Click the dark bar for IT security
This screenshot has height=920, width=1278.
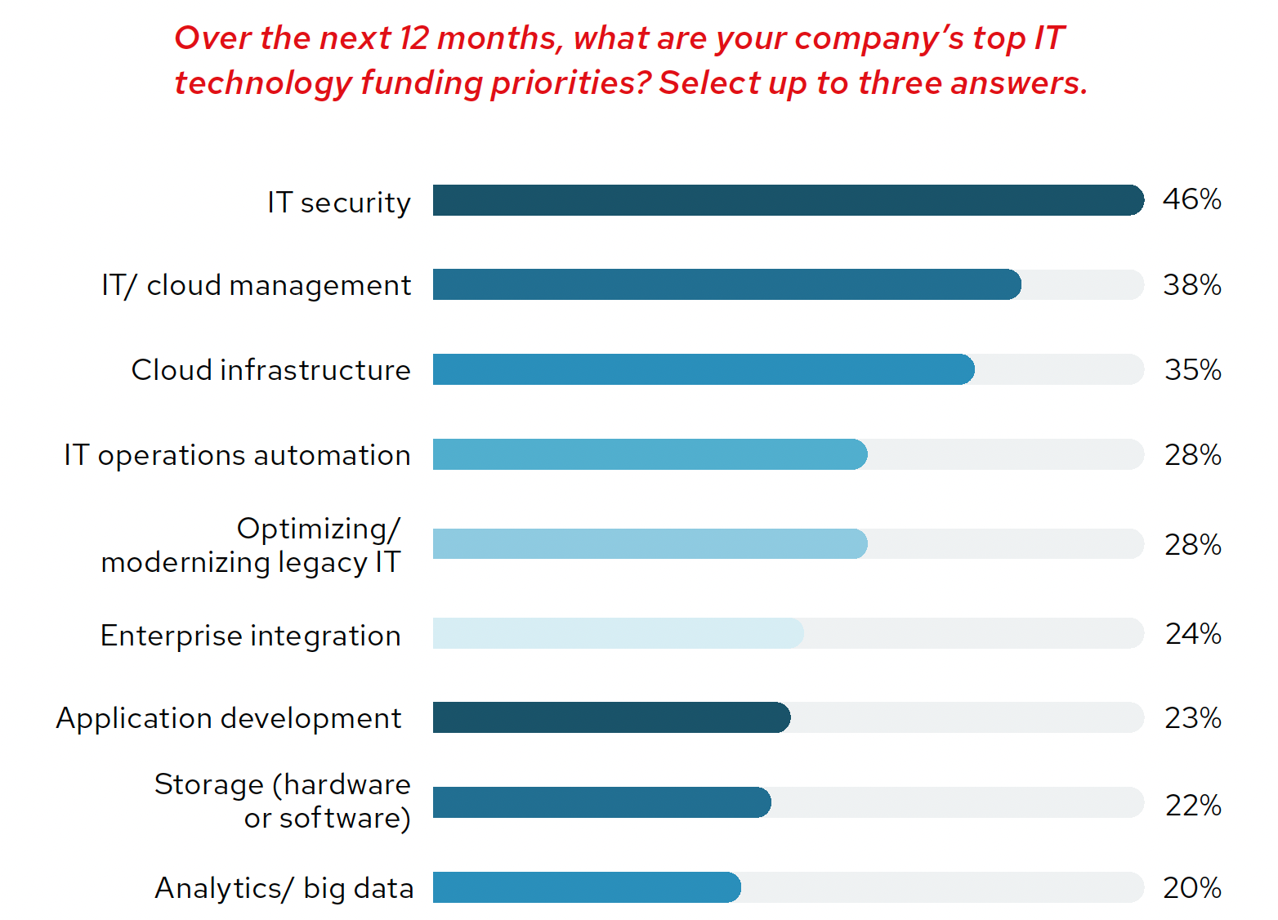click(788, 200)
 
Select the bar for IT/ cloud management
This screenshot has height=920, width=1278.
click(726, 284)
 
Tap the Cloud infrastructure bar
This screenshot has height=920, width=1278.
click(703, 369)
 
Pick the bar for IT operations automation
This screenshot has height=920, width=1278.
click(650, 454)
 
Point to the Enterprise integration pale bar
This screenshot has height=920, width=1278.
click(618, 633)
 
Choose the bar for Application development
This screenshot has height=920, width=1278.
click(611, 717)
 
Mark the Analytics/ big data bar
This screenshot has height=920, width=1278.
click(587, 887)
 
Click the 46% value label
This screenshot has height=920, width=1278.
click(1192, 199)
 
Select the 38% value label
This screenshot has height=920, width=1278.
click(1192, 285)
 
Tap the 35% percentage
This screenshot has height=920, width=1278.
click(1192, 370)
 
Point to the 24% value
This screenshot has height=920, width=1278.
click(1193, 634)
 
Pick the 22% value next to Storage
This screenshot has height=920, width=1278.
click(1193, 806)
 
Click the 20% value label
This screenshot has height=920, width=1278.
click(1192, 888)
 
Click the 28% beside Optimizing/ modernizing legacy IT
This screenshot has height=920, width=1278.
click(1193, 545)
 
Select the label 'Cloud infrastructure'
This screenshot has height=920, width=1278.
click(271, 370)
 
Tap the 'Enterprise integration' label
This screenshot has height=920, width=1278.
click(251, 636)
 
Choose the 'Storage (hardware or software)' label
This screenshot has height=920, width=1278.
click(284, 801)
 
